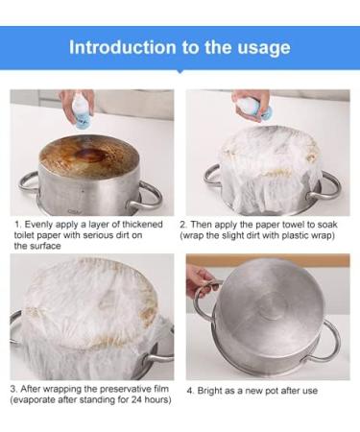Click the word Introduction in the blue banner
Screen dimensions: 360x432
coord(123,47)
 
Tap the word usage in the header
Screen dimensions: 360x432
coord(264,48)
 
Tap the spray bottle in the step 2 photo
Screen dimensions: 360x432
coord(256,109)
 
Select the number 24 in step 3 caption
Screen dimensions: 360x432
coord(137,399)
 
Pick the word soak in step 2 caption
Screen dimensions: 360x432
coord(327,225)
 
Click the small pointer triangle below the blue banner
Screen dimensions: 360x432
coord(180,72)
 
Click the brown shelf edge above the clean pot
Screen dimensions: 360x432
coord(268,259)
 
